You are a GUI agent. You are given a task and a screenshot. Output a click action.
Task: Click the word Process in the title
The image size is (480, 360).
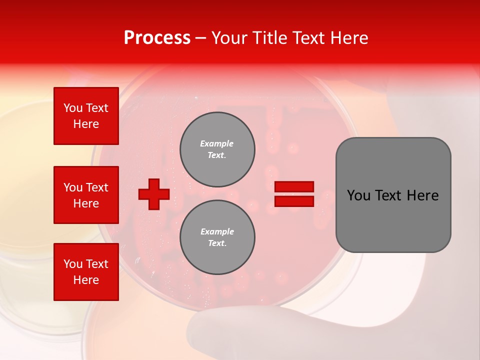click(x=157, y=38)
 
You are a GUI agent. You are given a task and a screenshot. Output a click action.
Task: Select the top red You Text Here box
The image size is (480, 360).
click(x=86, y=116)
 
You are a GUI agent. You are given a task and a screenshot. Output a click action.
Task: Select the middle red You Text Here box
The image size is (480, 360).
click(x=86, y=195)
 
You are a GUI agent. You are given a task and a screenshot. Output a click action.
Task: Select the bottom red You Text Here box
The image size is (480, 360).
click(x=86, y=272)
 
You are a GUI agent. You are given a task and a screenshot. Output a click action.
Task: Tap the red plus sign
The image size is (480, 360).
click(x=154, y=194)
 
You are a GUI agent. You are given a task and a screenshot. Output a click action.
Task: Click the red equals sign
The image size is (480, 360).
click(x=294, y=194)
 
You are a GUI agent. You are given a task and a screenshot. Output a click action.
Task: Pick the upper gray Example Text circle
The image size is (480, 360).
click(x=217, y=149)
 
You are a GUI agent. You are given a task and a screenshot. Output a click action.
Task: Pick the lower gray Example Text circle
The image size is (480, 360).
click(x=217, y=237)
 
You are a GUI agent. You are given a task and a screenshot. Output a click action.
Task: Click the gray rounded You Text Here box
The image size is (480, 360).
click(x=393, y=195)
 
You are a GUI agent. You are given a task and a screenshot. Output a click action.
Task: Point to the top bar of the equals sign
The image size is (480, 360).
click(x=294, y=186)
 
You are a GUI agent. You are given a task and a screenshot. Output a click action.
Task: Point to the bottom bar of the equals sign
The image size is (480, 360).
click(x=294, y=201)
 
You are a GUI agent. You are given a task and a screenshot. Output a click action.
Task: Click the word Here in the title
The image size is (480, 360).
click(x=348, y=38)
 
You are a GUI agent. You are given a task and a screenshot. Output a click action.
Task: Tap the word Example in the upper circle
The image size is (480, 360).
click(x=217, y=143)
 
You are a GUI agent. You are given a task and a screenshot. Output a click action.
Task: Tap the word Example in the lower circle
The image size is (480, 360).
click(x=217, y=231)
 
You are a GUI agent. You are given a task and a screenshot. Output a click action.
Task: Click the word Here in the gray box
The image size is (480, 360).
click(x=422, y=195)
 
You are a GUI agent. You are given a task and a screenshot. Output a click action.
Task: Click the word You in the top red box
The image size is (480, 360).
click(x=73, y=108)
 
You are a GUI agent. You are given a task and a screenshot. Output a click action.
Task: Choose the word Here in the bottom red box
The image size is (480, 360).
click(x=86, y=280)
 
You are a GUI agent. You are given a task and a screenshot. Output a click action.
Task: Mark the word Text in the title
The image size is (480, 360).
click(x=308, y=38)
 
